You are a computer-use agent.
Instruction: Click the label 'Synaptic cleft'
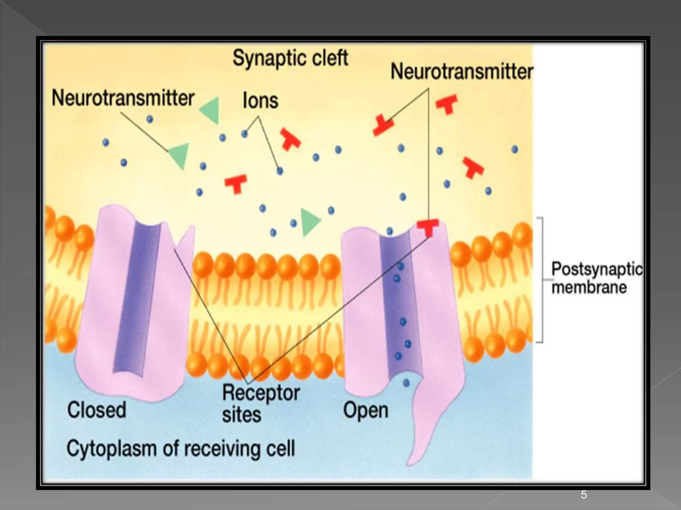point(290,58)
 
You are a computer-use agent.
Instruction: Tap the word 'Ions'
point(260,101)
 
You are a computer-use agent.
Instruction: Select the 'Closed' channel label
point(96,410)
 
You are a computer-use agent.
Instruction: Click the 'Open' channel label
point(365,410)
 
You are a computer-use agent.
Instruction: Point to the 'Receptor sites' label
point(261,404)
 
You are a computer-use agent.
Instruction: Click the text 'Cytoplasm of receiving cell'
point(181,449)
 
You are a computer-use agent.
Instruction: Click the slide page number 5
point(584,495)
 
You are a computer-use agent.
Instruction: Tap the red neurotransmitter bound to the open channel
point(428,227)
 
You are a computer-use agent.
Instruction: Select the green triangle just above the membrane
point(310,222)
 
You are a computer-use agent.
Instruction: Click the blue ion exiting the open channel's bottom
point(406,383)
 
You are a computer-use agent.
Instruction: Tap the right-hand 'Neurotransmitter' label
point(462,72)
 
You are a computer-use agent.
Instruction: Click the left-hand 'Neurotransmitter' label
point(123,98)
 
